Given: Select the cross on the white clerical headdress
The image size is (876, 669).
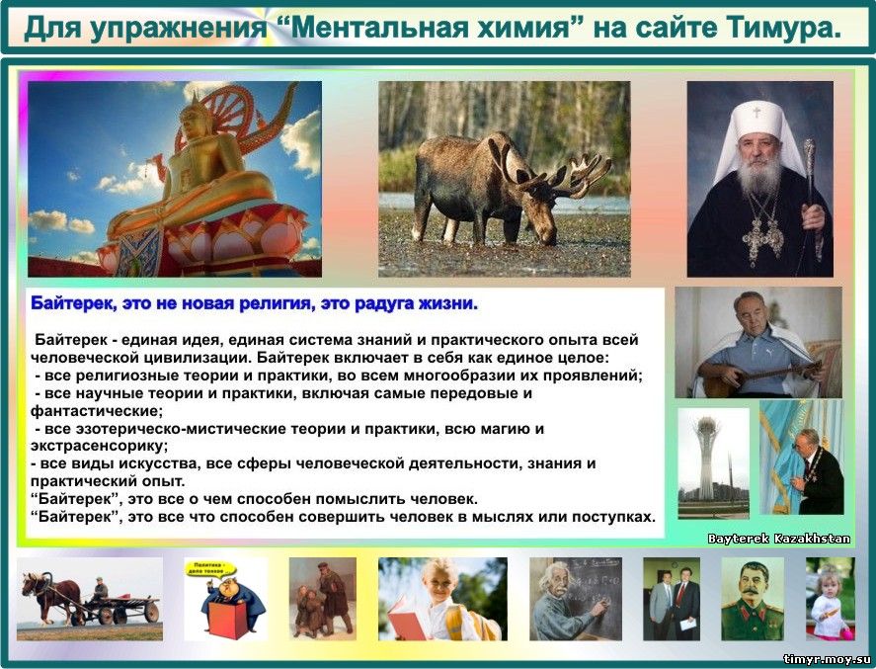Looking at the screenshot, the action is (757, 113).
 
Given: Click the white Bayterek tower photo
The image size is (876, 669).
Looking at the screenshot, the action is (713, 462).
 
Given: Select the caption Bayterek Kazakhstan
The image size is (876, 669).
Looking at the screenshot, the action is (779, 539).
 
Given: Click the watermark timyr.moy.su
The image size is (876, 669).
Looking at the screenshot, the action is (828, 659).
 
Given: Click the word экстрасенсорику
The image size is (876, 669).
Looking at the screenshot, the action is (99, 446).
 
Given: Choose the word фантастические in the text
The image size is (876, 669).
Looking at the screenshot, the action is (97, 411).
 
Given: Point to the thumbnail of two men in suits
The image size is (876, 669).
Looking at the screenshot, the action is (671, 599).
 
